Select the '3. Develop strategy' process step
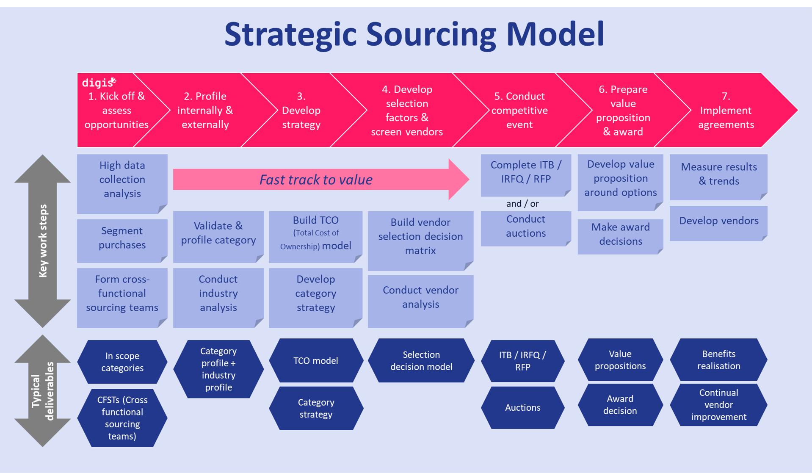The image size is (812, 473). click(301, 111)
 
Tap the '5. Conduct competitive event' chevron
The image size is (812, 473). click(519, 111)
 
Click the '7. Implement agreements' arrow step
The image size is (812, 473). click(726, 111)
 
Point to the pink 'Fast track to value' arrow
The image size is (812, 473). click(316, 180)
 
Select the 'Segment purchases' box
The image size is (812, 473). click(122, 238)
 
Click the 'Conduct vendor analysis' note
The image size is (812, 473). click(420, 298)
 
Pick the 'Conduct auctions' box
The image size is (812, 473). click(525, 227)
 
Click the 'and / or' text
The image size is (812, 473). click(522, 204)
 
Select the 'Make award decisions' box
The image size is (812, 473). click(620, 234)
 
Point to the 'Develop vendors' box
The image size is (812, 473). click(718, 221)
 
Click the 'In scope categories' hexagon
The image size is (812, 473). click(122, 362)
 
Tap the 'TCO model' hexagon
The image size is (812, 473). click(316, 361)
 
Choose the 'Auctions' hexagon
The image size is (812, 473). click(522, 408)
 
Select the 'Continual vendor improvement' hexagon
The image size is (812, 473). click(718, 405)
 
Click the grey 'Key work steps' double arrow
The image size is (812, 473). click(43, 241)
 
